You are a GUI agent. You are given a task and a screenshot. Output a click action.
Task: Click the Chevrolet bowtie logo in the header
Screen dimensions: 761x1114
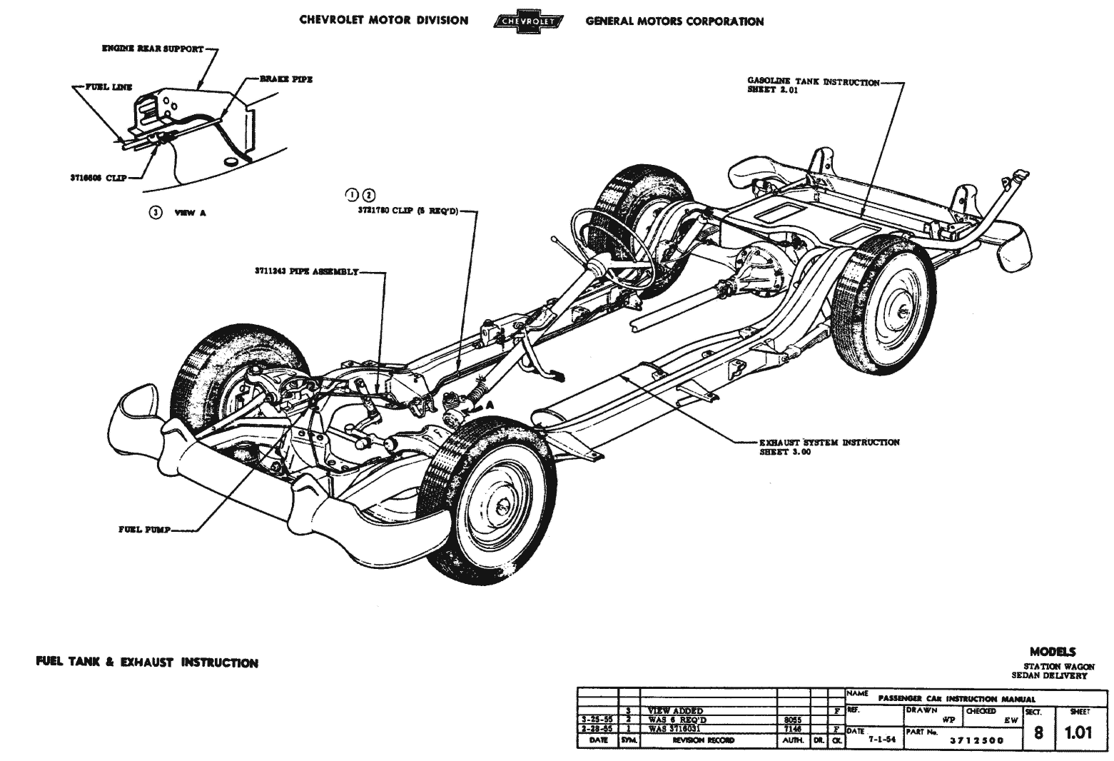coord(527,21)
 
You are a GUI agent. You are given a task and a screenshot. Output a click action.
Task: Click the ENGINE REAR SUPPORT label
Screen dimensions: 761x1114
coord(151,49)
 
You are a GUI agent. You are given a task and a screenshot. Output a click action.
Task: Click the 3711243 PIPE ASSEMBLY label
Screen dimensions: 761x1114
coord(307,272)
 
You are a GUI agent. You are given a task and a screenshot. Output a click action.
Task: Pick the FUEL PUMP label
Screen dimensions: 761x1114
coord(143,530)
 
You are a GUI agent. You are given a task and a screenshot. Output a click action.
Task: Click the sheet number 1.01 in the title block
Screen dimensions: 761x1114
coord(1078,733)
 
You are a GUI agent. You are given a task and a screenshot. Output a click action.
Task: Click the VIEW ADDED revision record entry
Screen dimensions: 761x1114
coord(674,711)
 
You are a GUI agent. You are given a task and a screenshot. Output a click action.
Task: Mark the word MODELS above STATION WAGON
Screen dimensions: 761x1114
coord(1052,652)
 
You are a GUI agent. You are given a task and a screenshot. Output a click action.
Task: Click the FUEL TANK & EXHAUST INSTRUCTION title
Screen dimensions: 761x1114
coord(147,662)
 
